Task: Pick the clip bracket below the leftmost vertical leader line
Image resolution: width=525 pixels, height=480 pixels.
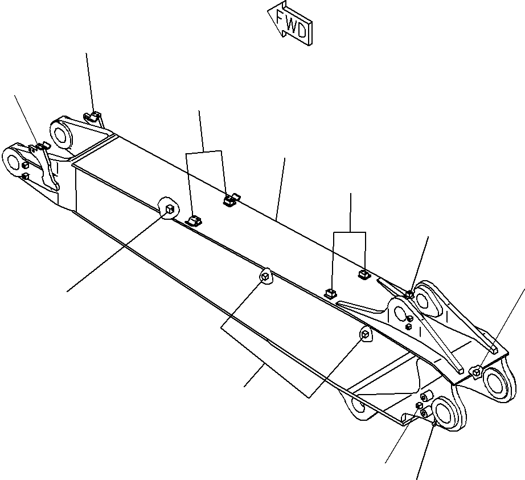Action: [93, 118]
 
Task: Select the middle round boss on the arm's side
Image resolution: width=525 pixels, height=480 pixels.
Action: [265, 277]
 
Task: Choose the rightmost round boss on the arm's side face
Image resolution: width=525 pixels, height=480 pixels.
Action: [363, 335]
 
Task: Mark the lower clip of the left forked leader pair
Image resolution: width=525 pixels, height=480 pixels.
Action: [195, 220]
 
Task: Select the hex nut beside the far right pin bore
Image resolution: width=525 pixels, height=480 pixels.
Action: [476, 372]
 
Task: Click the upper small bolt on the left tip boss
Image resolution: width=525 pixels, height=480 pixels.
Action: [25, 164]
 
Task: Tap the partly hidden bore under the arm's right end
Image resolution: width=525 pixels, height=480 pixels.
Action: [359, 405]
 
